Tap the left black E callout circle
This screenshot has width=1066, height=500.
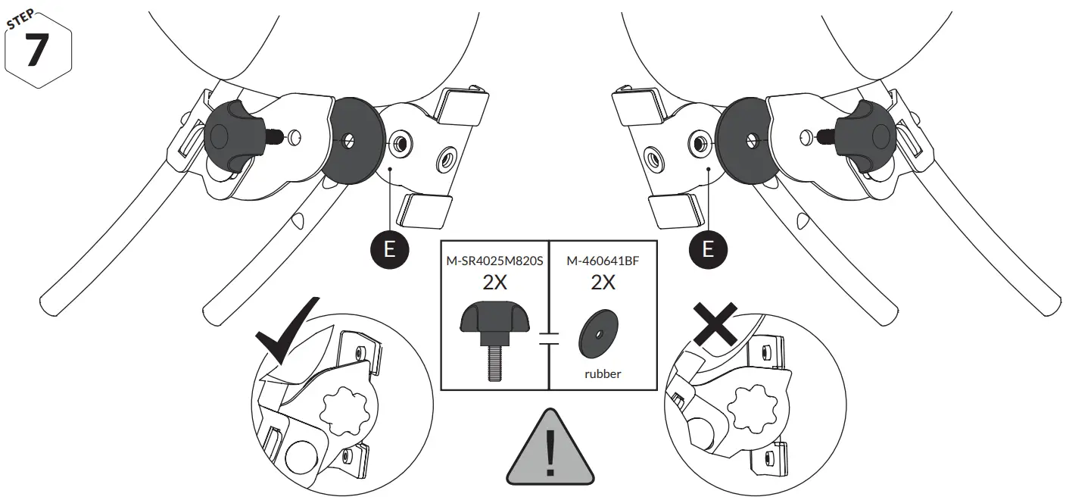click(x=389, y=249)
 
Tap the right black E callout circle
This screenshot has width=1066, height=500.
click(x=708, y=249)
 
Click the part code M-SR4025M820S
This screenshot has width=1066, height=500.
click(x=494, y=261)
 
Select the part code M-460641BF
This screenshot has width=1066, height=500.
click(x=603, y=261)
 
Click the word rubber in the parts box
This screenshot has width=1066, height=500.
click(x=602, y=373)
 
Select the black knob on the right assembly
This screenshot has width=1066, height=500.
click(x=869, y=137)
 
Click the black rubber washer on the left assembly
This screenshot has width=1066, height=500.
click(x=350, y=140)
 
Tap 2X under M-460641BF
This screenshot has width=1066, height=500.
click(x=603, y=284)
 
